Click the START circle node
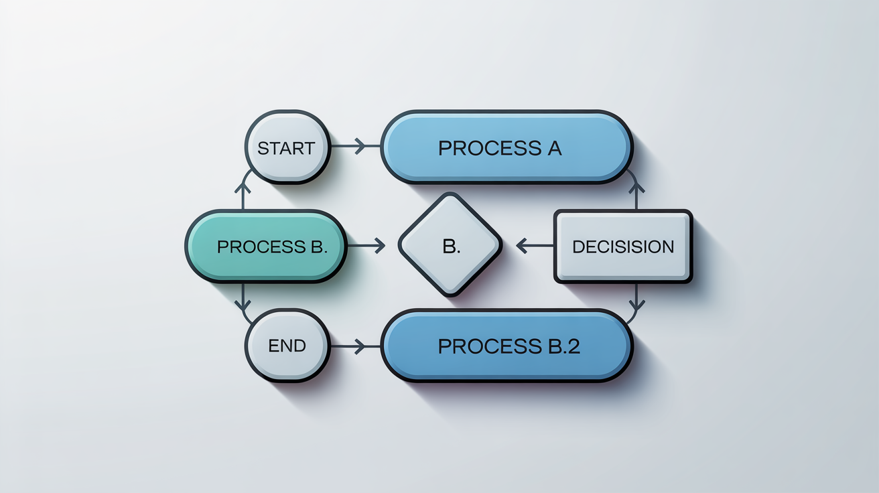[286, 147]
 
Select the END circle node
[286, 346]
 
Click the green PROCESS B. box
[265, 246]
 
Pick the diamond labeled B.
[450, 244]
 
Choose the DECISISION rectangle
[622, 246]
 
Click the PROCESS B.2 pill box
[506, 346]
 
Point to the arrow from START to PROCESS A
[348, 145]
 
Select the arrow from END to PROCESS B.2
[348, 346]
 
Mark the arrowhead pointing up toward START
[243, 190]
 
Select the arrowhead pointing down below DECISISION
[636, 305]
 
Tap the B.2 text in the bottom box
[559, 346]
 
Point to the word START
[286, 148]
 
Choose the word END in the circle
[287, 346]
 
